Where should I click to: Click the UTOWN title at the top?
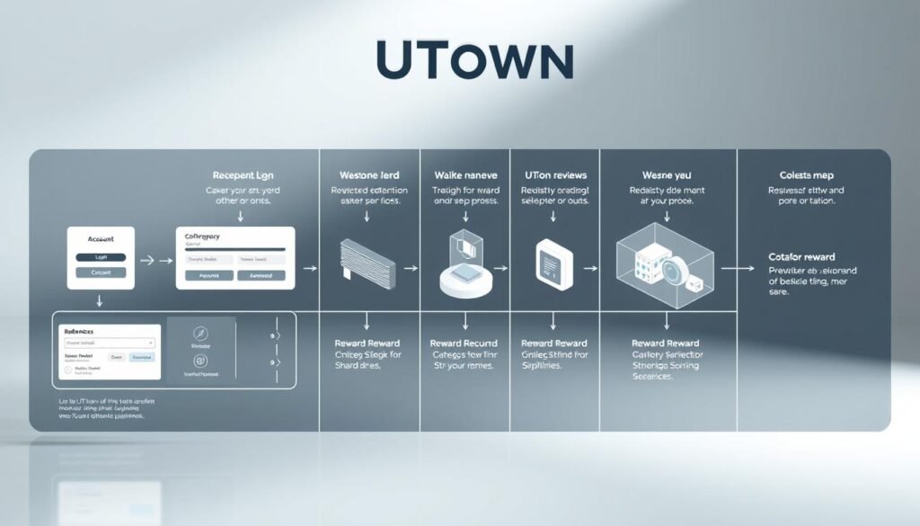tap(474, 62)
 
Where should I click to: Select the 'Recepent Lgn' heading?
tap(242, 175)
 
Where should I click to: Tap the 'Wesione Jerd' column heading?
tap(368, 175)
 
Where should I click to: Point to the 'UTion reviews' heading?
tap(554, 175)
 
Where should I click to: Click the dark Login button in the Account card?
tap(100, 257)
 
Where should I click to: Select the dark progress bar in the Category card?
tap(234, 249)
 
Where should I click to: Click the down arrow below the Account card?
tap(100, 301)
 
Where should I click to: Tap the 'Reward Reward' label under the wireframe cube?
tap(666, 343)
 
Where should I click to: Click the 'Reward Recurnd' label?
tap(464, 343)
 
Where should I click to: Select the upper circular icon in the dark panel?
tap(200, 333)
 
